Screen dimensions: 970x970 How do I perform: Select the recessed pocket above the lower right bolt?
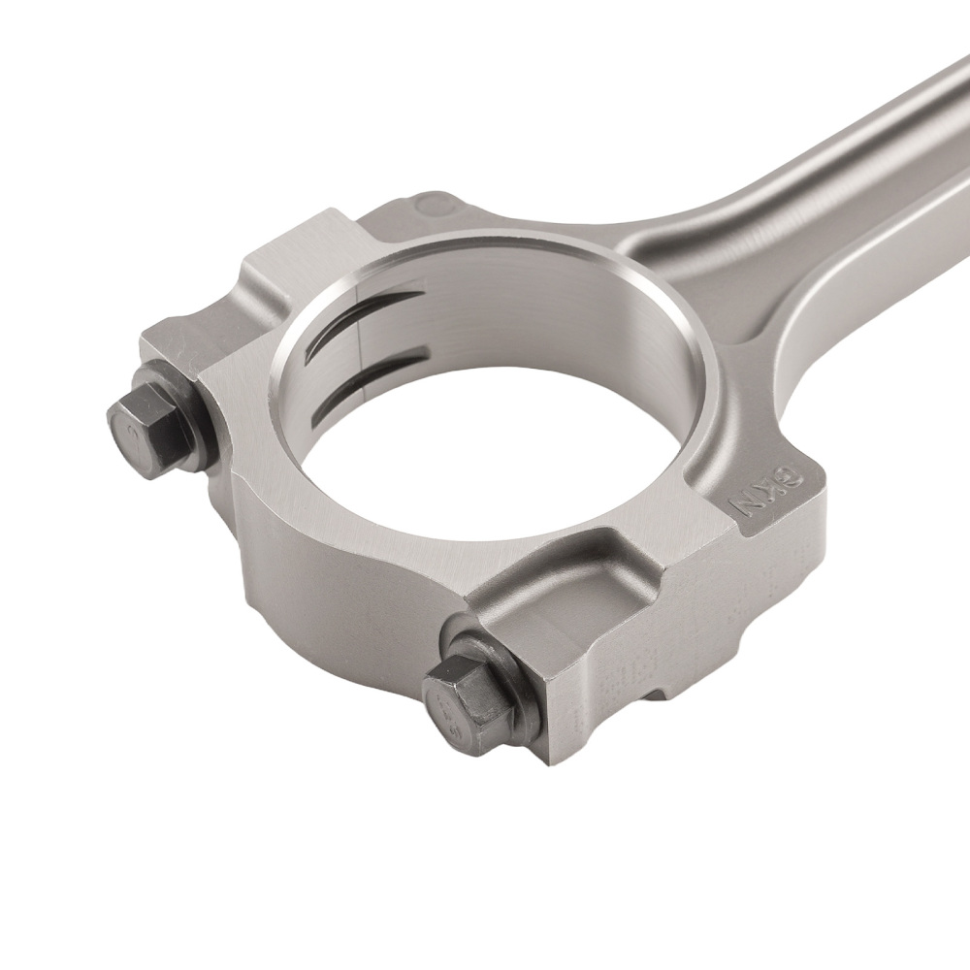tap(572, 592)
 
